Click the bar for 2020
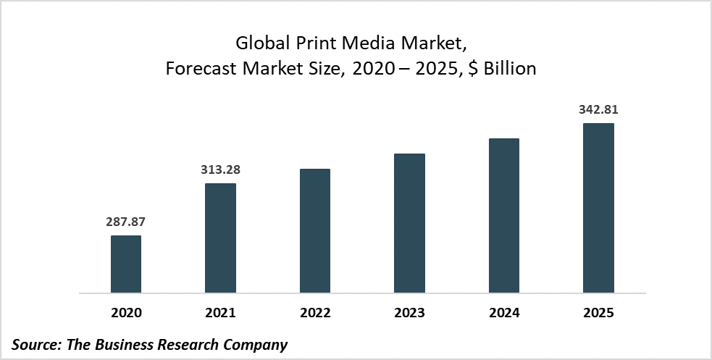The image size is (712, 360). (126, 264)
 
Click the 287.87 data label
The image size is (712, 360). (126, 222)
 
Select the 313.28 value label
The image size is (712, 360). (220, 170)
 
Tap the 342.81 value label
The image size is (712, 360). (598, 110)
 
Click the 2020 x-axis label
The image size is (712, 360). (126, 314)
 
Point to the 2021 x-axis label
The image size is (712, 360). (220, 314)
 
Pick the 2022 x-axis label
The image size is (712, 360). (314, 314)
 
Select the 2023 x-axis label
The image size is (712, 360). (409, 314)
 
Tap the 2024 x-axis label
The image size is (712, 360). (504, 314)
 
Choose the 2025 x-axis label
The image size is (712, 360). (598, 314)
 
